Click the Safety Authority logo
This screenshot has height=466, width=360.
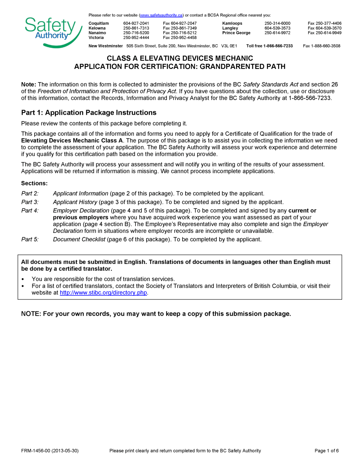50,31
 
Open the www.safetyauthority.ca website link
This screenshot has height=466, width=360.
161,15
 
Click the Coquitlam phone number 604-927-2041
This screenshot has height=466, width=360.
136,24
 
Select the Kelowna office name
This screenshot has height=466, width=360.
97,28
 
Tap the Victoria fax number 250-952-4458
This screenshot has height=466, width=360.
180,38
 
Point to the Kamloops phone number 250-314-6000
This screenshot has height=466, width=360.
277,24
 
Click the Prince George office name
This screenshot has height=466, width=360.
236,33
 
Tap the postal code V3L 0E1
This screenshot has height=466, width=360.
229,46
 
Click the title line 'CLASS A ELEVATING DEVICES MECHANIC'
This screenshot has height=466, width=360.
180,59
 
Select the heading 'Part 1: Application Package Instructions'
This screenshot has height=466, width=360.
88,113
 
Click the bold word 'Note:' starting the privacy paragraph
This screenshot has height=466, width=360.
29,85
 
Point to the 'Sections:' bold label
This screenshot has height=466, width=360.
34,183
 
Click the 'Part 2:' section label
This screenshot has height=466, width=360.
30,194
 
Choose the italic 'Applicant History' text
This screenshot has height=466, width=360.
75,202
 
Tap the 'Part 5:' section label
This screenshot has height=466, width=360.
30,240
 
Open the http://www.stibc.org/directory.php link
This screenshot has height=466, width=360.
104,293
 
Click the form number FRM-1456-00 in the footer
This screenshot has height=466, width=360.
36,451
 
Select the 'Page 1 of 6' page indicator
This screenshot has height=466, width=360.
327,451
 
